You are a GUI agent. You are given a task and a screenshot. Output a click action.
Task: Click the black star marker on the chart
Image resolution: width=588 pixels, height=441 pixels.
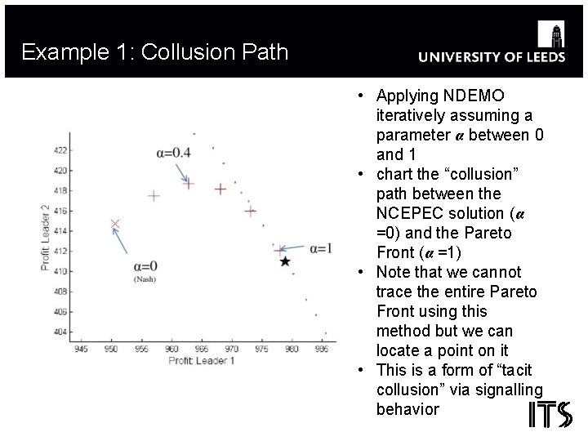coord(284,261)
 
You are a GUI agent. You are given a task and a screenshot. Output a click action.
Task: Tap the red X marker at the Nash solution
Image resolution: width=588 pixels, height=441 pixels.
coord(115,224)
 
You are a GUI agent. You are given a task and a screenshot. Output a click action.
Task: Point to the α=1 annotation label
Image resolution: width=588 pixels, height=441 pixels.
coord(319,248)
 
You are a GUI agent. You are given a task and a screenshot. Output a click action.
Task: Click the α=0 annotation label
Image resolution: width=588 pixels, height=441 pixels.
coord(144,266)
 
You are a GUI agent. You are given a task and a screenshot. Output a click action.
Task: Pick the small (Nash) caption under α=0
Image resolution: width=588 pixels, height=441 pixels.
coord(144,279)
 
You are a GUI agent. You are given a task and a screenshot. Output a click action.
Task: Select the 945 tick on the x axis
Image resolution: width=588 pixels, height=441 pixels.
coord(81,350)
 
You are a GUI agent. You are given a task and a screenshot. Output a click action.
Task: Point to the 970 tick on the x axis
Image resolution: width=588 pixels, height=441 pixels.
coord(232,350)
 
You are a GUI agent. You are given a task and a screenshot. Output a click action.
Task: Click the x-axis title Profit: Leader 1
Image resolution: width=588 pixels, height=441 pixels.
coord(201,360)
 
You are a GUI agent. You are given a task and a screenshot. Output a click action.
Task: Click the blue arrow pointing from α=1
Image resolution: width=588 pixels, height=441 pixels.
coord(295,248)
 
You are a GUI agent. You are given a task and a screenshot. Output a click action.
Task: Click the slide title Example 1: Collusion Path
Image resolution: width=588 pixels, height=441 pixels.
coord(155,53)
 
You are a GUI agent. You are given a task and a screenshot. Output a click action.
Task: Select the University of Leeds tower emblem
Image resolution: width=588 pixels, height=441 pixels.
coord(555,35)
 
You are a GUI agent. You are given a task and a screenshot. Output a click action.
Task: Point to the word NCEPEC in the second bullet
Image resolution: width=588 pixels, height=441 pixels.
coord(416,213)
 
